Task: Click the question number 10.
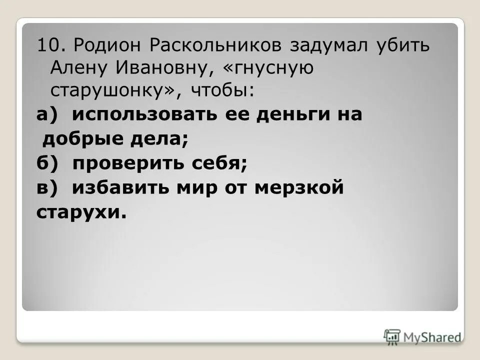pos(50,46)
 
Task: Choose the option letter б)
pos(48,163)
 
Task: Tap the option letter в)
pos(48,187)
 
